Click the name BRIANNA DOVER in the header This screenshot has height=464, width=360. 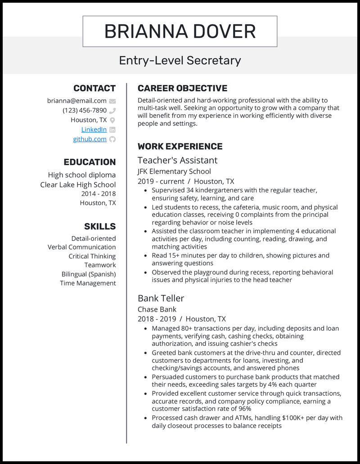point(180,31)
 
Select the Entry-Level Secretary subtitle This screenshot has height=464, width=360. point(180,60)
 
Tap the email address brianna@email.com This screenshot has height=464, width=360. point(77,101)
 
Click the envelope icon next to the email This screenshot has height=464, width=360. point(112,101)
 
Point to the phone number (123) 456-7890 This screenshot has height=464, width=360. point(85,110)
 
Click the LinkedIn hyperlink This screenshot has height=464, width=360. point(94,129)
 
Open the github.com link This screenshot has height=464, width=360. point(90,139)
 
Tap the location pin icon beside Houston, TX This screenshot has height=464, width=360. point(112,120)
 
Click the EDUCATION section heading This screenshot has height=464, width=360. point(90,162)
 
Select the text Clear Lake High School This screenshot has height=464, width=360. point(78,184)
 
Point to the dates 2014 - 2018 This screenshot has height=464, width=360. point(99,194)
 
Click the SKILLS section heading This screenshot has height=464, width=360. point(100,226)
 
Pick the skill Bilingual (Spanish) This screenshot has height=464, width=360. point(89,274)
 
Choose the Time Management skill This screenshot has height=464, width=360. point(88,283)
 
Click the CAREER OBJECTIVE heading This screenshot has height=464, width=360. point(182,88)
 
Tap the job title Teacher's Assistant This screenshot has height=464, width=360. point(177,160)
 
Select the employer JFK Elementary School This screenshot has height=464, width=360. point(174,171)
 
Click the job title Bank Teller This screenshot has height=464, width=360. point(161,298)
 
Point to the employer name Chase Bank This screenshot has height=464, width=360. point(157,309)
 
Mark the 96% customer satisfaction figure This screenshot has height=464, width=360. point(244,409)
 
